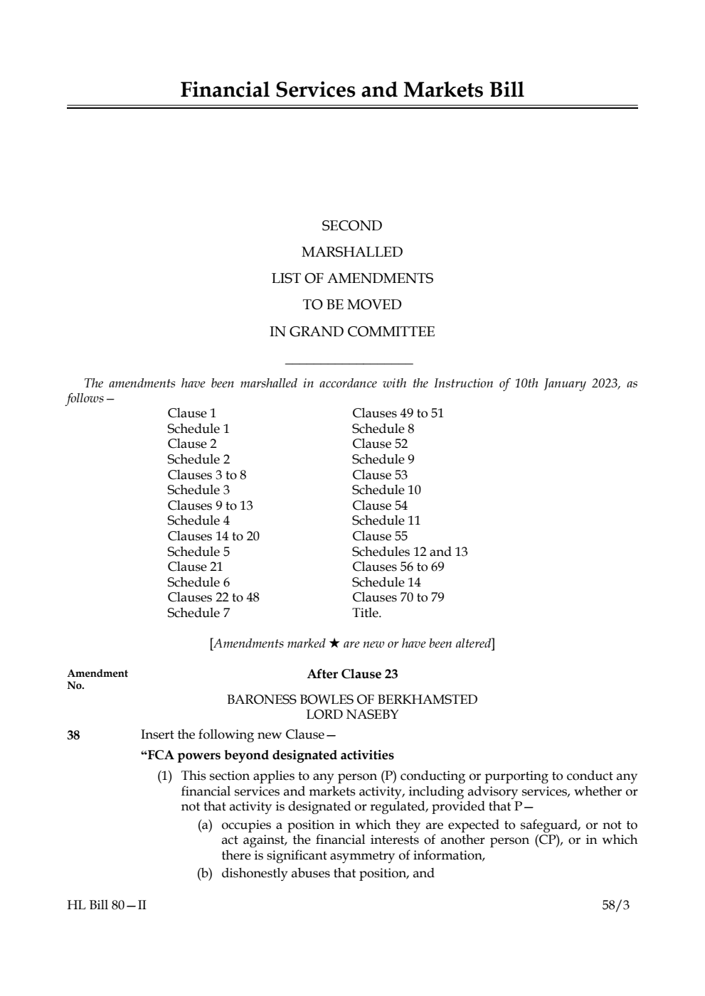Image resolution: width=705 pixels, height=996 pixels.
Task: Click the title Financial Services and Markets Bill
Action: tap(352, 90)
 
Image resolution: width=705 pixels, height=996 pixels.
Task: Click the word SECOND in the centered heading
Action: tap(351, 226)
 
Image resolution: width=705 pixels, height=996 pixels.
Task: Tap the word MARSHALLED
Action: tap(351, 252)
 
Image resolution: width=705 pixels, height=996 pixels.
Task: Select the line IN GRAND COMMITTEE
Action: tap(351, 332)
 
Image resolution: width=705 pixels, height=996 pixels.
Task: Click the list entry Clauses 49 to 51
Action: tap(398, 413)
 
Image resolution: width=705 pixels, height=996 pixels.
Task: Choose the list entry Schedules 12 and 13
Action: tap(410, 552)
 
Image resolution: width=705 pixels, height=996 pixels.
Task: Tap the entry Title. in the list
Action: tap(366, 613)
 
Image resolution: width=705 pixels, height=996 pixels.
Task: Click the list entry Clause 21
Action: tap(195, 567)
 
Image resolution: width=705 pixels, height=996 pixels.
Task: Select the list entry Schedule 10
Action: tap(386, 490)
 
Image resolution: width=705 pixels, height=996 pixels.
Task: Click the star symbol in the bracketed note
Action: tap(334, 643)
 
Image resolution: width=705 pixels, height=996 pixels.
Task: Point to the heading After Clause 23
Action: tap(352, 674)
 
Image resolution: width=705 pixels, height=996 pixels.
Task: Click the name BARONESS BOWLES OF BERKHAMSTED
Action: tap(351, 700)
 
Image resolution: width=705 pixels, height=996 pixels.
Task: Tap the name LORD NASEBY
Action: tap(351, 714)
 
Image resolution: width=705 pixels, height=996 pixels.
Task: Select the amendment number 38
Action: tap(73, 735)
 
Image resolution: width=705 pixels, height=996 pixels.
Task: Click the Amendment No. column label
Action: tap(97, 679)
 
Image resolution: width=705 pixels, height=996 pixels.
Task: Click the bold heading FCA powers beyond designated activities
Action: tap(267, 755)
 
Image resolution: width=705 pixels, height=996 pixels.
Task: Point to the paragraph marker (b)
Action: tap(205, 873)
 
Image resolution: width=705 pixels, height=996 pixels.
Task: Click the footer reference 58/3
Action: tap(615, 905)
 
